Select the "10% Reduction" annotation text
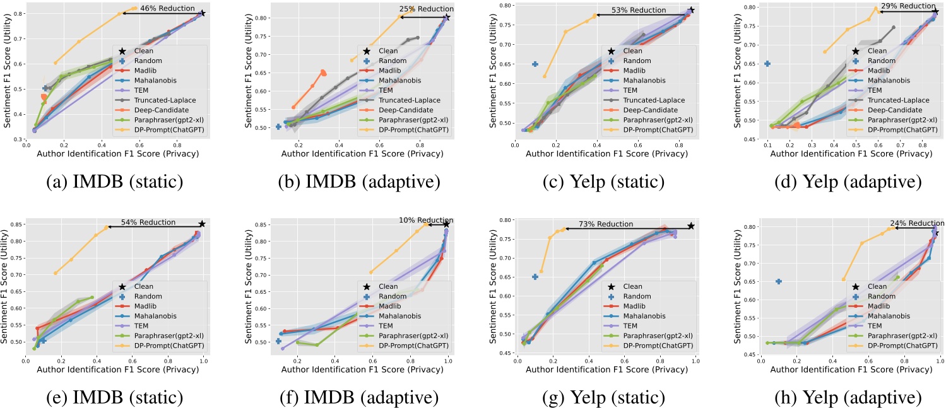tap(422, 220)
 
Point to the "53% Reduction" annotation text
tap(639, 10)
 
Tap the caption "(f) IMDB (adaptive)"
tap(350, 398)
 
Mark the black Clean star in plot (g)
tap(691, 226)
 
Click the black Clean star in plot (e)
tap(202, 224)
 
